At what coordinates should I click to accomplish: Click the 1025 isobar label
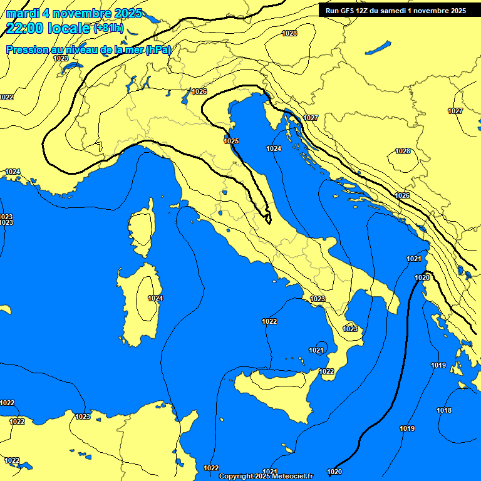231,141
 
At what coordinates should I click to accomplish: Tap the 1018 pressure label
444,410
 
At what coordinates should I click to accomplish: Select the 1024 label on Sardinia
155,298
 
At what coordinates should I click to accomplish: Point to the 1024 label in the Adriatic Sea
273,148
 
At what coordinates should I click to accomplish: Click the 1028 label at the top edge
289,33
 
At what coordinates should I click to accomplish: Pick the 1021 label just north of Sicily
316,350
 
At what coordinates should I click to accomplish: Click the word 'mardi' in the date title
23,13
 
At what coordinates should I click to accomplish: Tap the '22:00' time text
25,28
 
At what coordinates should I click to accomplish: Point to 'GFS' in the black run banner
348,11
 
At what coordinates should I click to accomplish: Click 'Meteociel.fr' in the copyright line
291,476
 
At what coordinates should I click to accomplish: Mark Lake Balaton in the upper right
378,48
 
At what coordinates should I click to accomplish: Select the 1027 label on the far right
455,111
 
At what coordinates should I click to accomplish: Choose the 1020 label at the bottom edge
334,472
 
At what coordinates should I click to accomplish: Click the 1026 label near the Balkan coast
402,196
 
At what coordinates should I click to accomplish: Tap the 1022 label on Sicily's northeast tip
326,371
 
